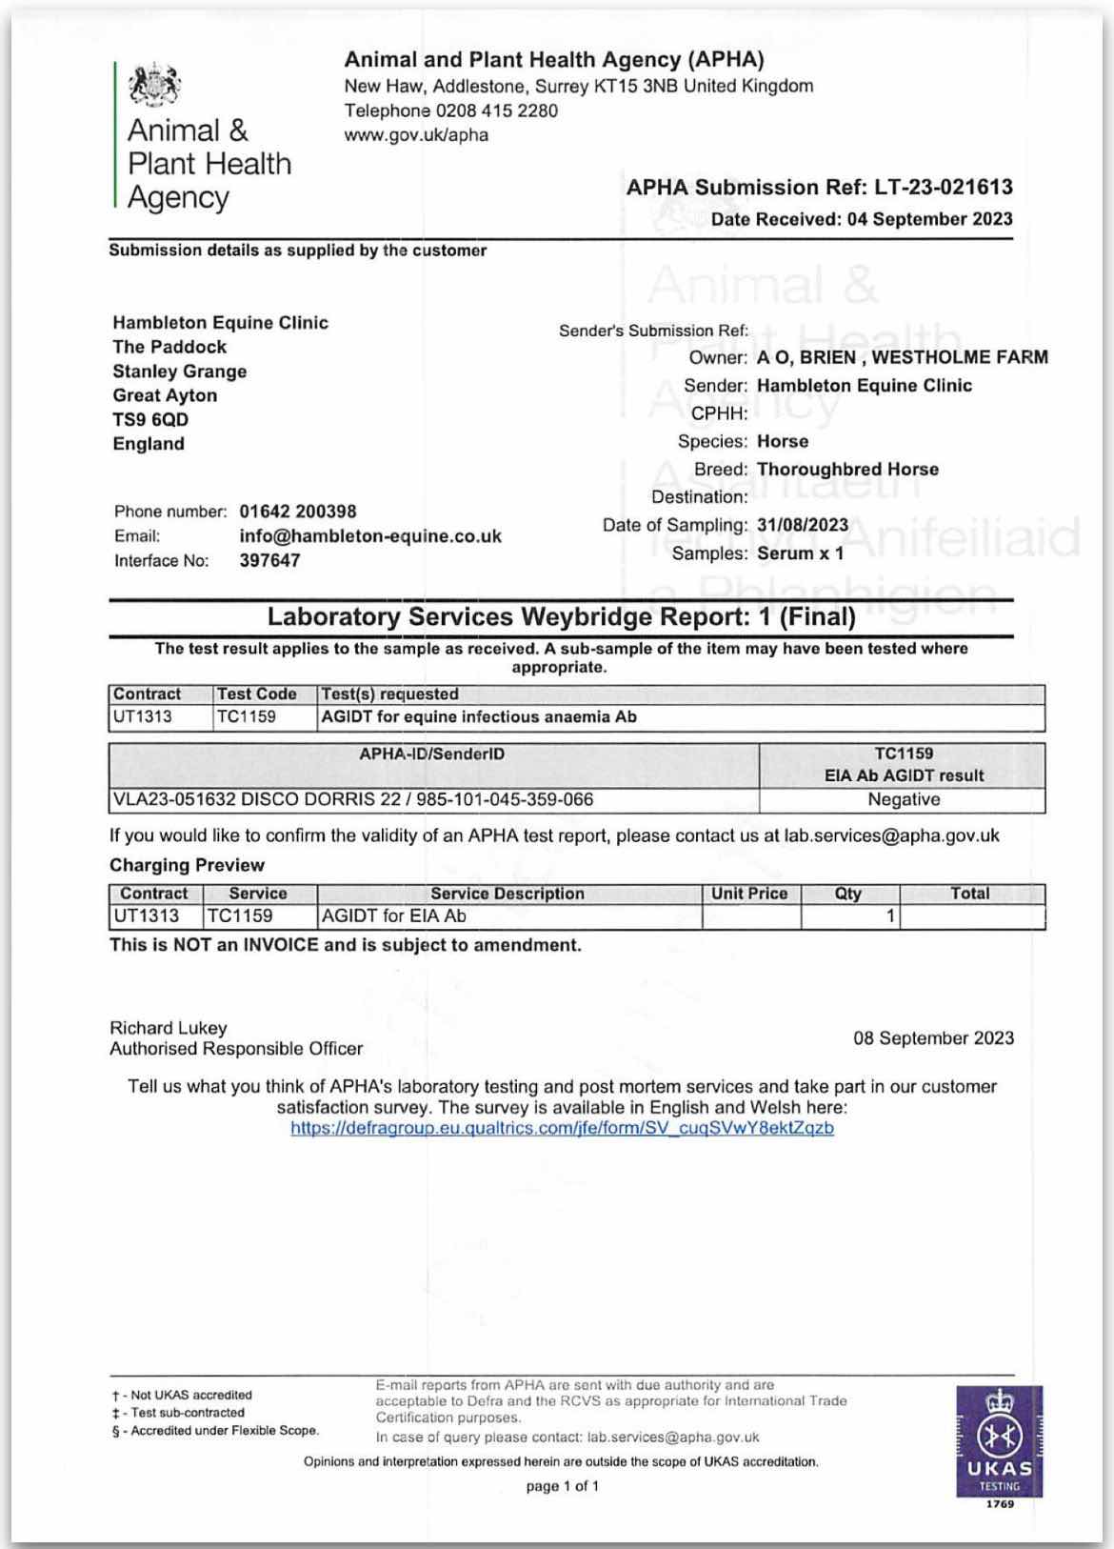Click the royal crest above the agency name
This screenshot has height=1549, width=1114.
(154, 86)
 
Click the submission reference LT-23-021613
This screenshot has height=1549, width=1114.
(943, 187)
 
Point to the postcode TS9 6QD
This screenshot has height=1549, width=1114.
(150, 419)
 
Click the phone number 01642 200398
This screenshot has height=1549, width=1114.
(297, 512)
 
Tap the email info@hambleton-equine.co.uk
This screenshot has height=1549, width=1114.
(369, 536)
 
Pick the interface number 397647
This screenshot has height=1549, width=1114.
(269, 560)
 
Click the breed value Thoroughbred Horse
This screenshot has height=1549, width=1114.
(847, 469)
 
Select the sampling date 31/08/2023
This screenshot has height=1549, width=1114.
(802, 525)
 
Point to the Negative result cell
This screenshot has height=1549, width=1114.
(903, 799)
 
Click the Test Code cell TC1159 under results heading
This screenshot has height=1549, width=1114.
(246, 716)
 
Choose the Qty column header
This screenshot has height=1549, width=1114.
(847, 894)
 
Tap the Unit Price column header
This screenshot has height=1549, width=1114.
(749, 894)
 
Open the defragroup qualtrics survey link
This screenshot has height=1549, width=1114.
(562, 1128)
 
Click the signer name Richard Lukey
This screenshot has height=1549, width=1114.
(169, 1028)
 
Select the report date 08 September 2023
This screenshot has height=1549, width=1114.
(933, 1038)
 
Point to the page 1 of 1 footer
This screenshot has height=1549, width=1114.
(562, 1486)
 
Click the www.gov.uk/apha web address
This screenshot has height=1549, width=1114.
(416, 135)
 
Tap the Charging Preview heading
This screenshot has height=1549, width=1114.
(187, 865)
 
